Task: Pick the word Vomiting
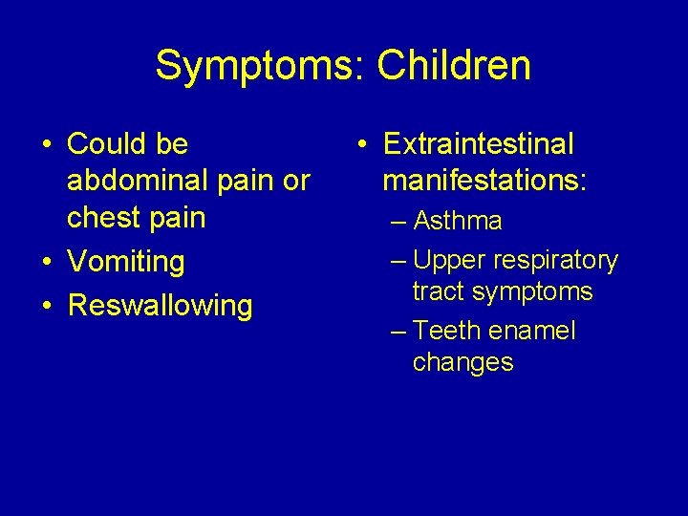coord(126,262)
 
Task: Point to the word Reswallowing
coord(161,306)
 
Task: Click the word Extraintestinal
coord(479,144)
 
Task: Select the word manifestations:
coord(484,181)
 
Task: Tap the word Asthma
coord(458,221)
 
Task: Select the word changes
coord(463,362)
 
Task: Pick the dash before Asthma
coord(398,222)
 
